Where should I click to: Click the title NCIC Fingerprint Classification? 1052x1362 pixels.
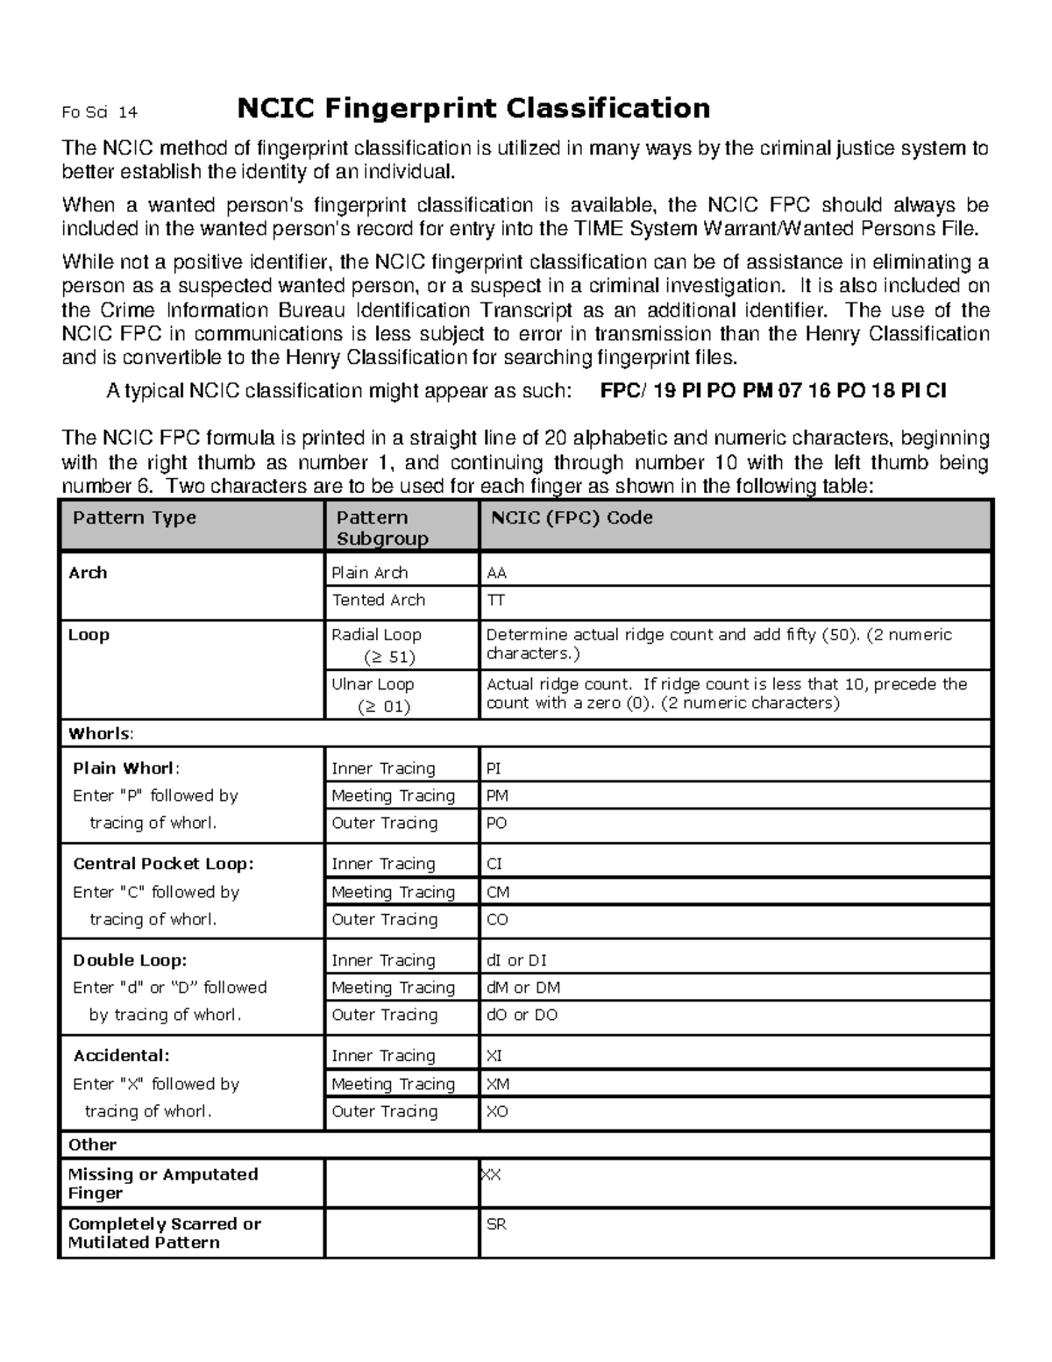473,109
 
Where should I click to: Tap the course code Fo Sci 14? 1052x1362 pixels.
99,112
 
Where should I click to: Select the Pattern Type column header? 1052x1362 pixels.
134,517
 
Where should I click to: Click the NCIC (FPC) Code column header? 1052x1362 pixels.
572,517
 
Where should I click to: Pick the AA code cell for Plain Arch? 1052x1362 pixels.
497,574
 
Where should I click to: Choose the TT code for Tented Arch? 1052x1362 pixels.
495,601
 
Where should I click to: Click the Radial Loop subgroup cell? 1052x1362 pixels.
376,645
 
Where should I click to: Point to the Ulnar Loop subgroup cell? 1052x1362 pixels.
373,695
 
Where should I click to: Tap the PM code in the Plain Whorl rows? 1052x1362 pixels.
497,796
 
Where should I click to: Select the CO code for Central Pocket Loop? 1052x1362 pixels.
497,920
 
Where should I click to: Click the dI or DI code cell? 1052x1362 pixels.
516,961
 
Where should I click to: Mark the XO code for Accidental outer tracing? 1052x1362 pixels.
497,1112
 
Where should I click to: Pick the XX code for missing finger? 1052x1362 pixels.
491,1175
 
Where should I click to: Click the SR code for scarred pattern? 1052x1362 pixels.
496,1224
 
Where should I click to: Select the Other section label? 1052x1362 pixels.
92,1145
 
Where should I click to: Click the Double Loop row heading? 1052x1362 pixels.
130,961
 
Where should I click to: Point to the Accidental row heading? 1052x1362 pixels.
121,1057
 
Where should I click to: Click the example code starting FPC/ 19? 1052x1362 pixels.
772,391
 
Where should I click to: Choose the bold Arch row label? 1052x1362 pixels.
88,574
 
